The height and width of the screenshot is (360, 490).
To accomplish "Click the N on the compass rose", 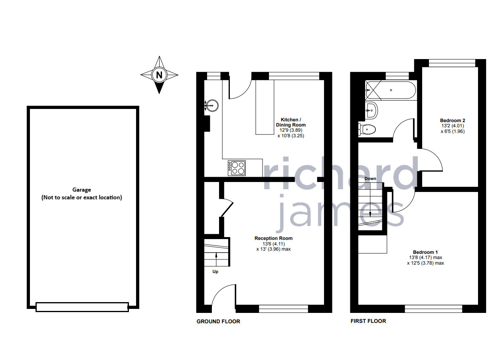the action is (x=159, y=75).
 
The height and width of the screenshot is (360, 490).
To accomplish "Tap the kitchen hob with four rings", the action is (x=237, y=168).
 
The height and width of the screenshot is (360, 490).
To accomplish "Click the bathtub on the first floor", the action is (x=391, y=90).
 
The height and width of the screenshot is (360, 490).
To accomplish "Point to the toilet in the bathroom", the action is (x=367, y=130).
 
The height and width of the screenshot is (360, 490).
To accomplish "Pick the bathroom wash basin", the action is (x=371, y=110).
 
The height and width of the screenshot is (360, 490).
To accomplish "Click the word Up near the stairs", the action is (x=215, y=272).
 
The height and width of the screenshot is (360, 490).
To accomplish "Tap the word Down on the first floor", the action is (x=370, y=178).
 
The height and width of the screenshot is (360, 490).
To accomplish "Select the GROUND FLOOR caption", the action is (x=218, y=321).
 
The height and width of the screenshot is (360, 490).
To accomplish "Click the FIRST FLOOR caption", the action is (x=368, y=321).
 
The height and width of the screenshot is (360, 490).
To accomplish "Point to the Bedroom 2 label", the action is (x=452, y=121).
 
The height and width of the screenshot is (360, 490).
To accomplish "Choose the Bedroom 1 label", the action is (x=425, y=252).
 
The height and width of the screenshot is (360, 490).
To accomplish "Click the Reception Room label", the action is (x=273, y=238).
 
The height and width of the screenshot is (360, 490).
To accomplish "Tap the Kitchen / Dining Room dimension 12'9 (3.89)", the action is (x=291, y=130).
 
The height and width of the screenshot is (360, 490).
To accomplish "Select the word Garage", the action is (x=81, y=190).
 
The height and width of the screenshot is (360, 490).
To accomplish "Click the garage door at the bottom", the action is (x=82, y=307).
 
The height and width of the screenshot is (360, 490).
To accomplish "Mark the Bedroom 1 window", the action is (x=433, y=309).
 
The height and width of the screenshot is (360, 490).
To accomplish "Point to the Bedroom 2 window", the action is (x=452, y=63).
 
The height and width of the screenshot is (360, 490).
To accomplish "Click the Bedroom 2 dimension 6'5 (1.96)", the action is (x=452, y=132).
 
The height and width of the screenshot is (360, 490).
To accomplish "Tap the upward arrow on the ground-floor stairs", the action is (x=216, y=257).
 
